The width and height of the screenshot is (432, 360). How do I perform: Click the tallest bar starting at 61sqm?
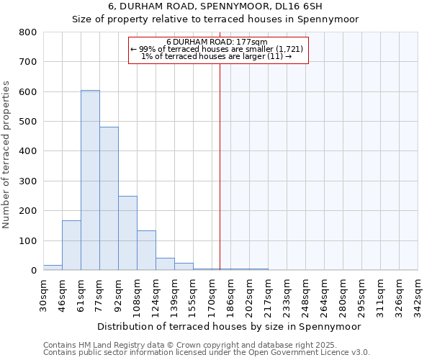[90, 180]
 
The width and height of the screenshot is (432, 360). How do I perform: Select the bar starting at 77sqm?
[109, 199]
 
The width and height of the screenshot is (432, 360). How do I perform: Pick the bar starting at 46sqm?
[71, 246]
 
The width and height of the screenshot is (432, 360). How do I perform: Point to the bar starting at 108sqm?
[146, 251]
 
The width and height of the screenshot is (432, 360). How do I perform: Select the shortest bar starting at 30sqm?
[53, 268]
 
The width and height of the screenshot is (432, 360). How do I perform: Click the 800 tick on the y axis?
[27, 32]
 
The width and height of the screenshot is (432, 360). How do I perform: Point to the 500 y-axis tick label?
[27, 122]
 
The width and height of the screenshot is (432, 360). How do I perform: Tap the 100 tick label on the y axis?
[27, 240]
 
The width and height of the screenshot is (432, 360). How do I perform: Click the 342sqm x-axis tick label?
[418, 294]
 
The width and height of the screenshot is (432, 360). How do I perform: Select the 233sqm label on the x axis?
[287, 294]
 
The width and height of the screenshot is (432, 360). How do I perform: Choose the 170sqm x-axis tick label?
[212, 294]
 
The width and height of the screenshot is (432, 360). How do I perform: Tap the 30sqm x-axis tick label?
[43, 293]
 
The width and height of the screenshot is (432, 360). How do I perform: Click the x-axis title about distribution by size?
[228, 326]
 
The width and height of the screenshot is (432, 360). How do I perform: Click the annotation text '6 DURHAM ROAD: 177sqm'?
[217, 42]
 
